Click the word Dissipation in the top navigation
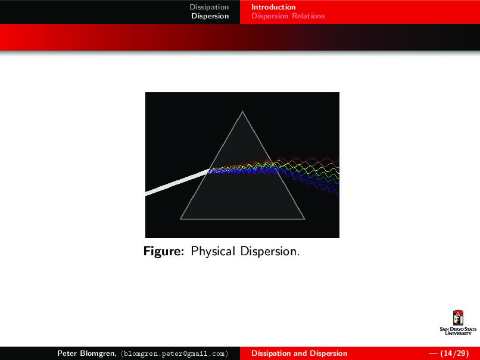209,7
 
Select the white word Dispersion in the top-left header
210,16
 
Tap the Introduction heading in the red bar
273,7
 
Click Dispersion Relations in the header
288,16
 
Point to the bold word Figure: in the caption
164,252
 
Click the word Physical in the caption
213,252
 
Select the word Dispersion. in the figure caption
270,252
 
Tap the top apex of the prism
242,111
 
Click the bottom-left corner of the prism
180,219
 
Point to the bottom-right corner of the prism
304,219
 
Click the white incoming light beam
177,183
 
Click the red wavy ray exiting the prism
306,160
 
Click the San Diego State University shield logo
458,318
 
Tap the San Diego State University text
458,331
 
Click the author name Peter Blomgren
86,353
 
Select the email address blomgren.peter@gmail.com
174,353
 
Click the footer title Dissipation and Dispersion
300,353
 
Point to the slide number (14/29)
454,353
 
